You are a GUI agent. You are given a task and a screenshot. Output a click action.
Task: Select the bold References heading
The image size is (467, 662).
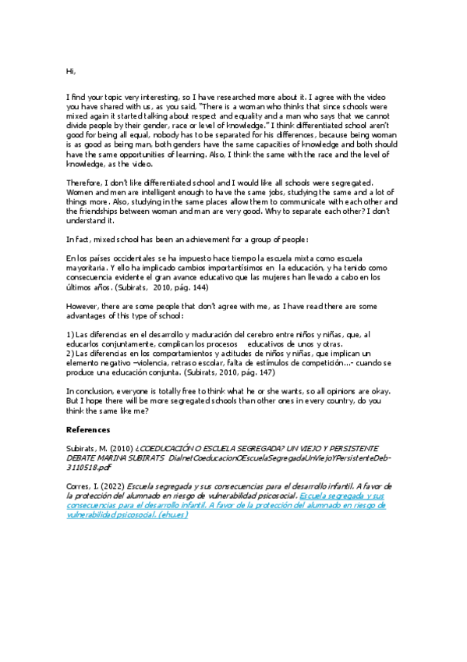[88, 429]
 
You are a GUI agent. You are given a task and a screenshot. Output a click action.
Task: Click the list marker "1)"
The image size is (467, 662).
[69, 335]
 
